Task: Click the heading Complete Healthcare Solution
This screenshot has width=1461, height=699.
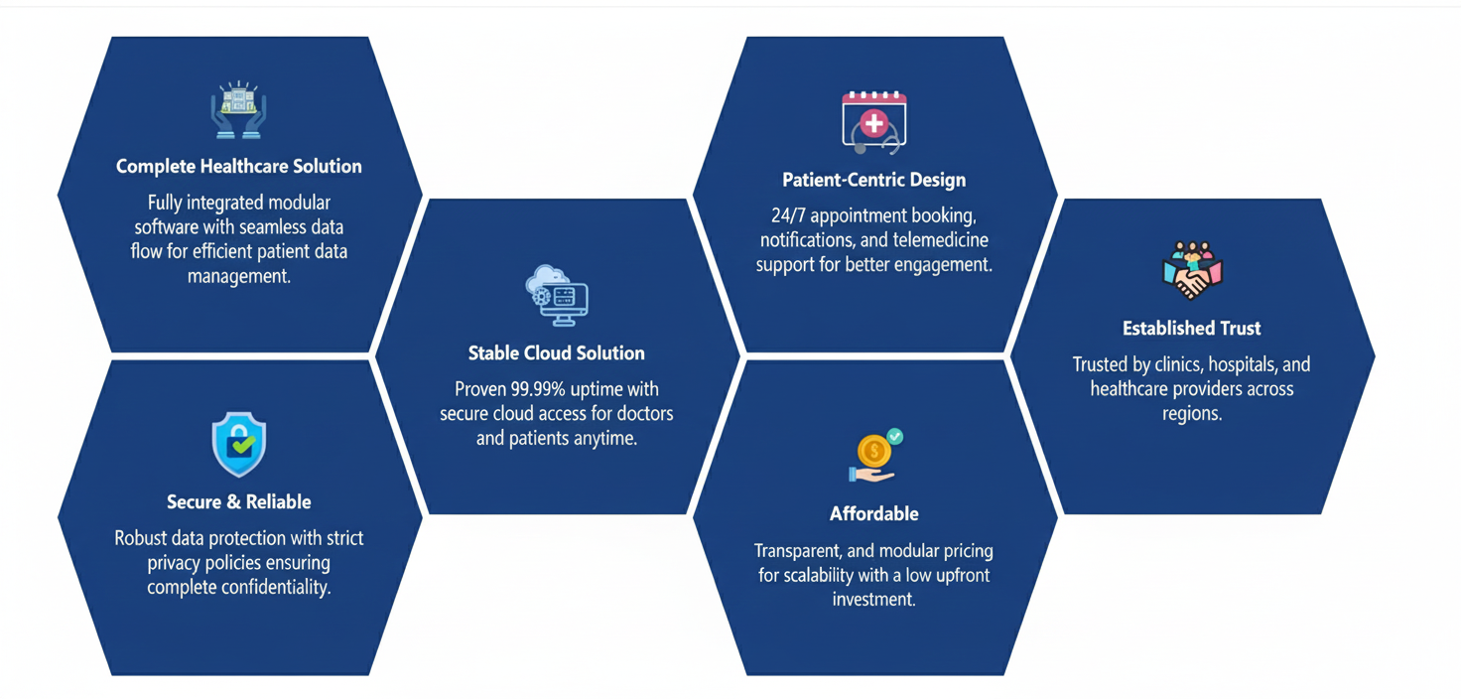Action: point(238,166)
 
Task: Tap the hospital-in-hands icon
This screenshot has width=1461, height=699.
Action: point(238,110)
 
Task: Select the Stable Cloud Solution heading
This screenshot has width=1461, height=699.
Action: point(556,352)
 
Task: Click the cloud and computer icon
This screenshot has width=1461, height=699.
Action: point(556,295)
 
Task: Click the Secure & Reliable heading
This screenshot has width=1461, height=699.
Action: point(238,501)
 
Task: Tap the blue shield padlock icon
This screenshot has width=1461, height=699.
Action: point(238,444)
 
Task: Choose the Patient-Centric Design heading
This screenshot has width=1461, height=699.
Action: point(873,180)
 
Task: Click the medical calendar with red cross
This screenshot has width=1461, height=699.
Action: point(873,121)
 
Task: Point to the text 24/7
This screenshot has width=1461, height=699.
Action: point(788,215)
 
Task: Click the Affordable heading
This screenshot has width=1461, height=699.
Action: point(873,513)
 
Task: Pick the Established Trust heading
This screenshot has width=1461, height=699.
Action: point(1191,328)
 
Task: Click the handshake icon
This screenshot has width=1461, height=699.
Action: point(1191,270)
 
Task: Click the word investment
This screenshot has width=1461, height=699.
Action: point(873,599)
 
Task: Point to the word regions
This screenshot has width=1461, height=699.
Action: point(1191,412)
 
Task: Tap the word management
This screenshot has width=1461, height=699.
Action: point(238,275)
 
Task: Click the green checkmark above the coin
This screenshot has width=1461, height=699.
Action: point(894,436)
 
